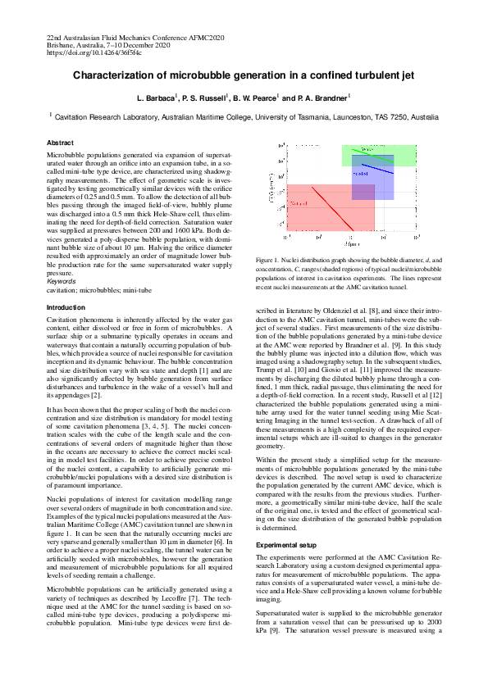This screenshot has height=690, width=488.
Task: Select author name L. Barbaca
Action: [155, 98]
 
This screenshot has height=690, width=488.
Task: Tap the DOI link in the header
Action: [83, 52]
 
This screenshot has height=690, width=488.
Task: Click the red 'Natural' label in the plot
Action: [299, 202]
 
